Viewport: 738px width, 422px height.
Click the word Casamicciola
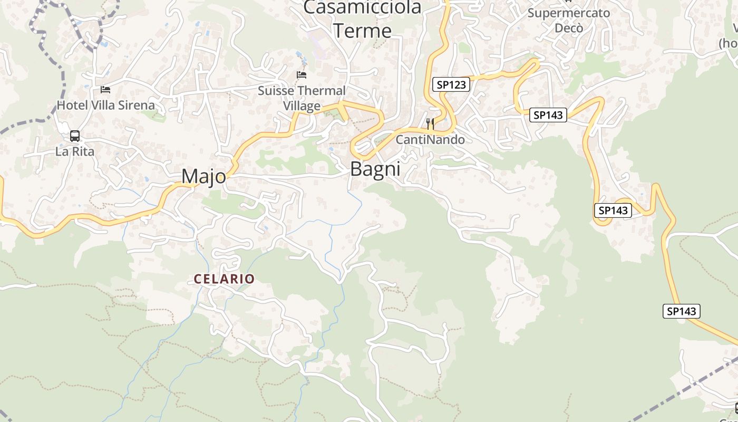point(362,7)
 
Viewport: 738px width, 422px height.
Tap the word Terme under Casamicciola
point(362,30)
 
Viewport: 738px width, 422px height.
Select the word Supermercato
point(569,13)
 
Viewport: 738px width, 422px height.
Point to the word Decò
point(569,27)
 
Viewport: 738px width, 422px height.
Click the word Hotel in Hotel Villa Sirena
point(72,105)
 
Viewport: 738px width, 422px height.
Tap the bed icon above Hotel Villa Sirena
point(105,90)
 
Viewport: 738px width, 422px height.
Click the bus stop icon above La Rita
point(75,136)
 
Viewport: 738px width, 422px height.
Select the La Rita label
point(75,151)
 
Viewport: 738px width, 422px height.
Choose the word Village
point(302,106)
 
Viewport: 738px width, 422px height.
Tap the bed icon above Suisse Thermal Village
point(302,75)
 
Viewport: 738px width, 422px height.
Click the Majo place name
point(203,177)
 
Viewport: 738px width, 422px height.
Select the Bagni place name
point(375,169)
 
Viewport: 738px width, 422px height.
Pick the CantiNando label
point(430,140)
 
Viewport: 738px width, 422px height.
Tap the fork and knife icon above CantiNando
point(430,124)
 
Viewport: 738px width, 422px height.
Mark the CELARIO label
point(224,279)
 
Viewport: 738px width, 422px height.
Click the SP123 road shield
point(451,84)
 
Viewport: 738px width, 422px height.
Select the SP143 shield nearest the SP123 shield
point(548,115)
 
